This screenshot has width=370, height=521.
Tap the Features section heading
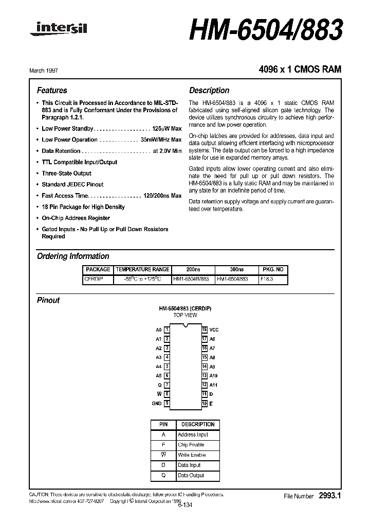pos(52,91)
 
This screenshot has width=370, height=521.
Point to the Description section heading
pos(209,91)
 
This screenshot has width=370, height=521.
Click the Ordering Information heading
pos(73,256)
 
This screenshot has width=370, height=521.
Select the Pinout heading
pos(48,300)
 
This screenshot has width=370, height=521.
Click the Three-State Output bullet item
pos(66,173)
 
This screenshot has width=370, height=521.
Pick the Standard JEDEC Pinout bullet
pos(72,184)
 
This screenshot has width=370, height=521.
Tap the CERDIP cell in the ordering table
pos(94,279)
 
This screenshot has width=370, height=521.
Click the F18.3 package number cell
pos(267,279)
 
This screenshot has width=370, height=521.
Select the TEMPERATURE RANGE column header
pos(142,270)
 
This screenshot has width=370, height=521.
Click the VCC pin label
pos(214,329)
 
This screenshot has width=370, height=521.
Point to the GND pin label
pos(157,404)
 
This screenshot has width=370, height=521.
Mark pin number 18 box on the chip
pos(204,329)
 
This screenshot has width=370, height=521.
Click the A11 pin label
pos(214,385)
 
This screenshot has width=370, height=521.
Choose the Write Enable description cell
pos(192,455)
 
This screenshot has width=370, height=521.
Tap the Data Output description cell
pos(191,476)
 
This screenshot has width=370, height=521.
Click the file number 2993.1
pos(330,496)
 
